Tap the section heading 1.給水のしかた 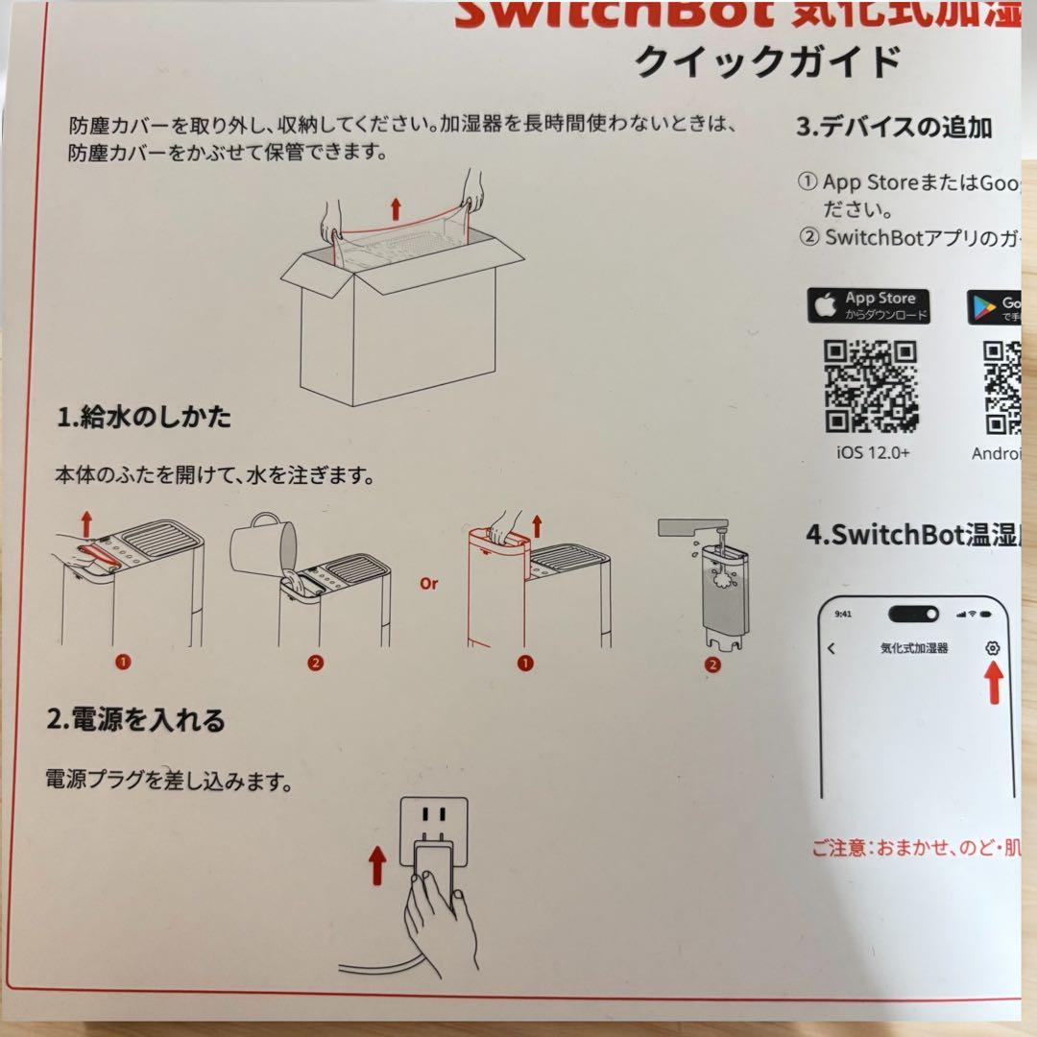144,418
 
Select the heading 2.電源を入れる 135,719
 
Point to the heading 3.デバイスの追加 894,127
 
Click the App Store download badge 868,305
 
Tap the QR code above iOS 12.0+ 872,386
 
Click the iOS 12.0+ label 872,452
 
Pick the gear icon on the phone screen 993,648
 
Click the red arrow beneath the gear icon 994,683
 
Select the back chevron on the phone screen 832,649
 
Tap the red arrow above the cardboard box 397,207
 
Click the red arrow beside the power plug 377,863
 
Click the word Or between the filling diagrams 428,583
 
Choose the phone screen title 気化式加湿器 913,649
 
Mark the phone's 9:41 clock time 843,614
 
